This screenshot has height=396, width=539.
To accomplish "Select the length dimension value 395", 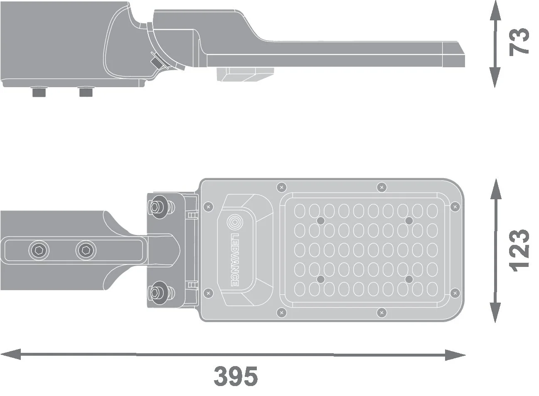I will [236, 376].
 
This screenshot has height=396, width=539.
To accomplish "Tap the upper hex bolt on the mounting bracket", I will [157, 206].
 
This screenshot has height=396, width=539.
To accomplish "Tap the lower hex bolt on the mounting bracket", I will [157, 292].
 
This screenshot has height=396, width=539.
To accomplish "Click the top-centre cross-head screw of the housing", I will [381, 187].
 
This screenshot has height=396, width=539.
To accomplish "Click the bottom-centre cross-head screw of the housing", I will [381, 311].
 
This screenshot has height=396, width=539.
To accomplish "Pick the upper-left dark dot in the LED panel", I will [320, 220].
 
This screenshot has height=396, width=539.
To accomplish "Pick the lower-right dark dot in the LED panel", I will [409, 279].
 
